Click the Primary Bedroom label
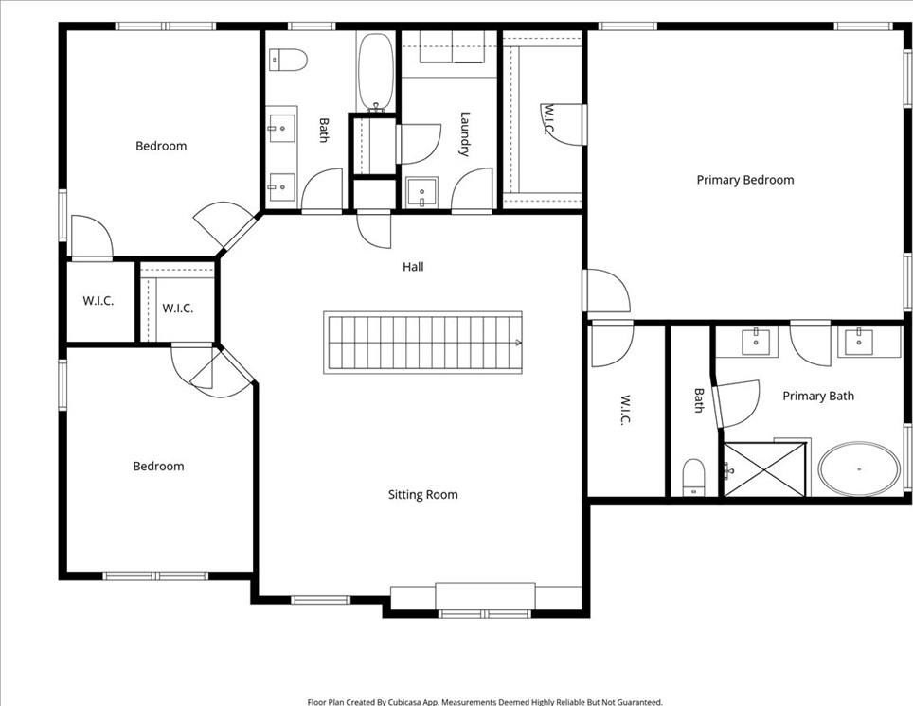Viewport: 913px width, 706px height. [745, 180]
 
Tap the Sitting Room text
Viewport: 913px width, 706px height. [422, 495]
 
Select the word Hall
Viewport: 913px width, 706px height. [413, 267]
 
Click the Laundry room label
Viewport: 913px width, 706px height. [464, 133]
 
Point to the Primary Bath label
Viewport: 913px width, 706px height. [818, 396]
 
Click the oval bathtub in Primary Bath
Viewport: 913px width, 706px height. [859, 469]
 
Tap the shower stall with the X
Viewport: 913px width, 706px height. [764, 469]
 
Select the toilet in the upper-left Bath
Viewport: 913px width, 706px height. [288, 60]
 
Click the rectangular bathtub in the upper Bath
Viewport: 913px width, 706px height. [376, 71]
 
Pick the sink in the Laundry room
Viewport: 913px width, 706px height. [421, 192]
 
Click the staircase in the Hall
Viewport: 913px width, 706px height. [423, 343]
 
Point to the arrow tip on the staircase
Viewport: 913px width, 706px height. [520, 343]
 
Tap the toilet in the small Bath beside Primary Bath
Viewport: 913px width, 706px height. [693, 477]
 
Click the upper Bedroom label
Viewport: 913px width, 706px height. [161, 146]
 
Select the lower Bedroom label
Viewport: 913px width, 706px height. [158, 467]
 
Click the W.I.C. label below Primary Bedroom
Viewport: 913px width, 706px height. [623, 410]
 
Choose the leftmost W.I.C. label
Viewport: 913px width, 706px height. [98, 301]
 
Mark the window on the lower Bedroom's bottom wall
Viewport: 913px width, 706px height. [155, 576]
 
